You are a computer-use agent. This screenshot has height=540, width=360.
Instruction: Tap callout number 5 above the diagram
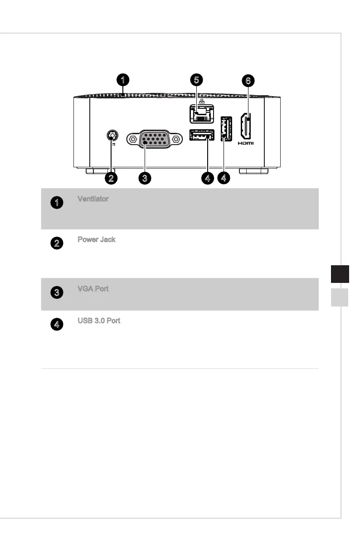coord(197,80)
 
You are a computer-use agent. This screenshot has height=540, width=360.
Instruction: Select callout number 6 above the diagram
coord(248,81)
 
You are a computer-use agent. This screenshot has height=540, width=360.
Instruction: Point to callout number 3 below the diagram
coord(144,178)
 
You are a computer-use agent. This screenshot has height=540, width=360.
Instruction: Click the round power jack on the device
coord(112,135)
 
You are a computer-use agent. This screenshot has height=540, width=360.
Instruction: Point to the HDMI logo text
coord(246,143)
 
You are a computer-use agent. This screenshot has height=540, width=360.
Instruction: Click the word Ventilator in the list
coord(93,199)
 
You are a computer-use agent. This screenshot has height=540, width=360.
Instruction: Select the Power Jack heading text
coord(96,239)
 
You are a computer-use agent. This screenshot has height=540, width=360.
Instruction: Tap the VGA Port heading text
coord(93,289)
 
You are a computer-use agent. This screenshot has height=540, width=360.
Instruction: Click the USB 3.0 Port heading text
coord(98,321)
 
